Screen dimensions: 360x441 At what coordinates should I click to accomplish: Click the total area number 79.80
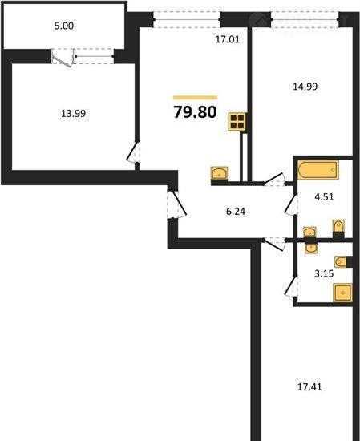195,111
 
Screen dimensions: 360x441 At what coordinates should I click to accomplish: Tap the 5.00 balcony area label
64,26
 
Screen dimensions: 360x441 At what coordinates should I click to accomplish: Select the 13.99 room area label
74,114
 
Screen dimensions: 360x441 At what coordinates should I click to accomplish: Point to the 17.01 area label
228,39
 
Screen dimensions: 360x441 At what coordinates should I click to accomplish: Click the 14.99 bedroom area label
305,87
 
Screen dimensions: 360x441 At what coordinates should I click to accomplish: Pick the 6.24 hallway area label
236,211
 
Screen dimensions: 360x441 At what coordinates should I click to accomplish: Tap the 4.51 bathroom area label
324,197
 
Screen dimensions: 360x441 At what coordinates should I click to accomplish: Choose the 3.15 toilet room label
324,273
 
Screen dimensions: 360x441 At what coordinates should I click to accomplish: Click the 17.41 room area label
309,387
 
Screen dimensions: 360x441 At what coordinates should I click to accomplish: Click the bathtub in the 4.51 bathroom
318,170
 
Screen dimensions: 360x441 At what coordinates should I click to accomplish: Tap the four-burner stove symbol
237,122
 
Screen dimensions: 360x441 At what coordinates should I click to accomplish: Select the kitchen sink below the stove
220,173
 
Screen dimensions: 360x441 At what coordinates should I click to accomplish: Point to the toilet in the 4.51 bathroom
338,227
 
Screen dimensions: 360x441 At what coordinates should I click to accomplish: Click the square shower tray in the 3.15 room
342,293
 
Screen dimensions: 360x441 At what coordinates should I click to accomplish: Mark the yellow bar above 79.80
195,98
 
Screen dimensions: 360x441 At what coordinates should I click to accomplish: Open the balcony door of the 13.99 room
63,58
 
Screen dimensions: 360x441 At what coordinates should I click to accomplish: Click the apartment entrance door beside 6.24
176,204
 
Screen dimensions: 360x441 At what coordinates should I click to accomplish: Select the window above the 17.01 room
187,20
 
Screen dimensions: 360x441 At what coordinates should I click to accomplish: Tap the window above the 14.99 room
305,20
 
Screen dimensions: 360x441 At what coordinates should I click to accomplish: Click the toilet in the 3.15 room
341,262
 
